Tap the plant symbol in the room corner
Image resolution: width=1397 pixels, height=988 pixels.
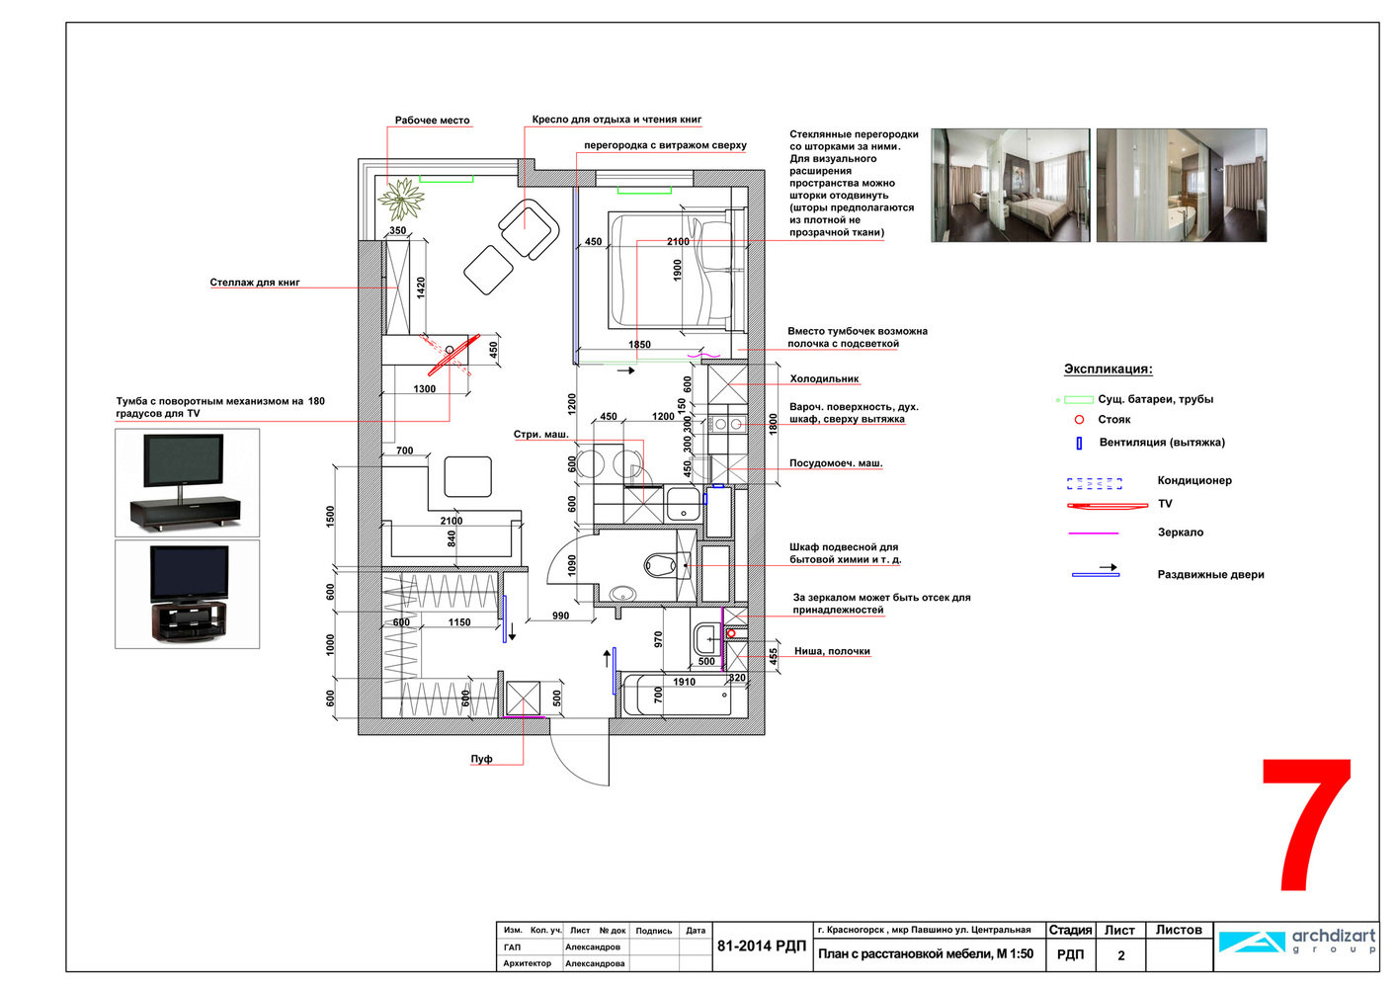click(401, 199)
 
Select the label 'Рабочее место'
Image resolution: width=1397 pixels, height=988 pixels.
click(432, 121)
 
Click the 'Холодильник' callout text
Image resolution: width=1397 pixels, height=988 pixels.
click(824, 378)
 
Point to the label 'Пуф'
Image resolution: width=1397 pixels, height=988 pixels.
click(481, 759)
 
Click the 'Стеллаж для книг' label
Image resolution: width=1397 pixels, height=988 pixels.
click(255, 282)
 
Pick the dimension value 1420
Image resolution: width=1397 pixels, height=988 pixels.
click(421, 288)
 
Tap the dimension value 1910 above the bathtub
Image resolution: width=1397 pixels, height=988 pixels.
click(684, 682)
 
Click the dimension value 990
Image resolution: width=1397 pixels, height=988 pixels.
click(560, 616)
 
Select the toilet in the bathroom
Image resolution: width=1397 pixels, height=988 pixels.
click(660, 566)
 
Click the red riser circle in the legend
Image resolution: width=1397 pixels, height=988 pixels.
click(1079, 420)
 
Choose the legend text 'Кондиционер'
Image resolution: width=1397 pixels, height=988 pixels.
click(1194, 480)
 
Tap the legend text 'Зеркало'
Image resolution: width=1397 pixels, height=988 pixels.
click(1181, 533)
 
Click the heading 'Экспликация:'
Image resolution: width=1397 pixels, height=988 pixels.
click(1109, 369)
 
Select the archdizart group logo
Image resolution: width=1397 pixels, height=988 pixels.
click(1296, 942)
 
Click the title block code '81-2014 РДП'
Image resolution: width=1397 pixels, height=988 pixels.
click(762, 947)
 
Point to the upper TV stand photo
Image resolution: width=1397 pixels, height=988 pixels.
click(187, 483)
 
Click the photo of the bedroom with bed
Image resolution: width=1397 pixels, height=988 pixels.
click(1011, 186)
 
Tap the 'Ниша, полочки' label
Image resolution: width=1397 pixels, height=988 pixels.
click(832, 651)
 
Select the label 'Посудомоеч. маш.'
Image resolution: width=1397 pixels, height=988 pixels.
click(836, 462)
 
